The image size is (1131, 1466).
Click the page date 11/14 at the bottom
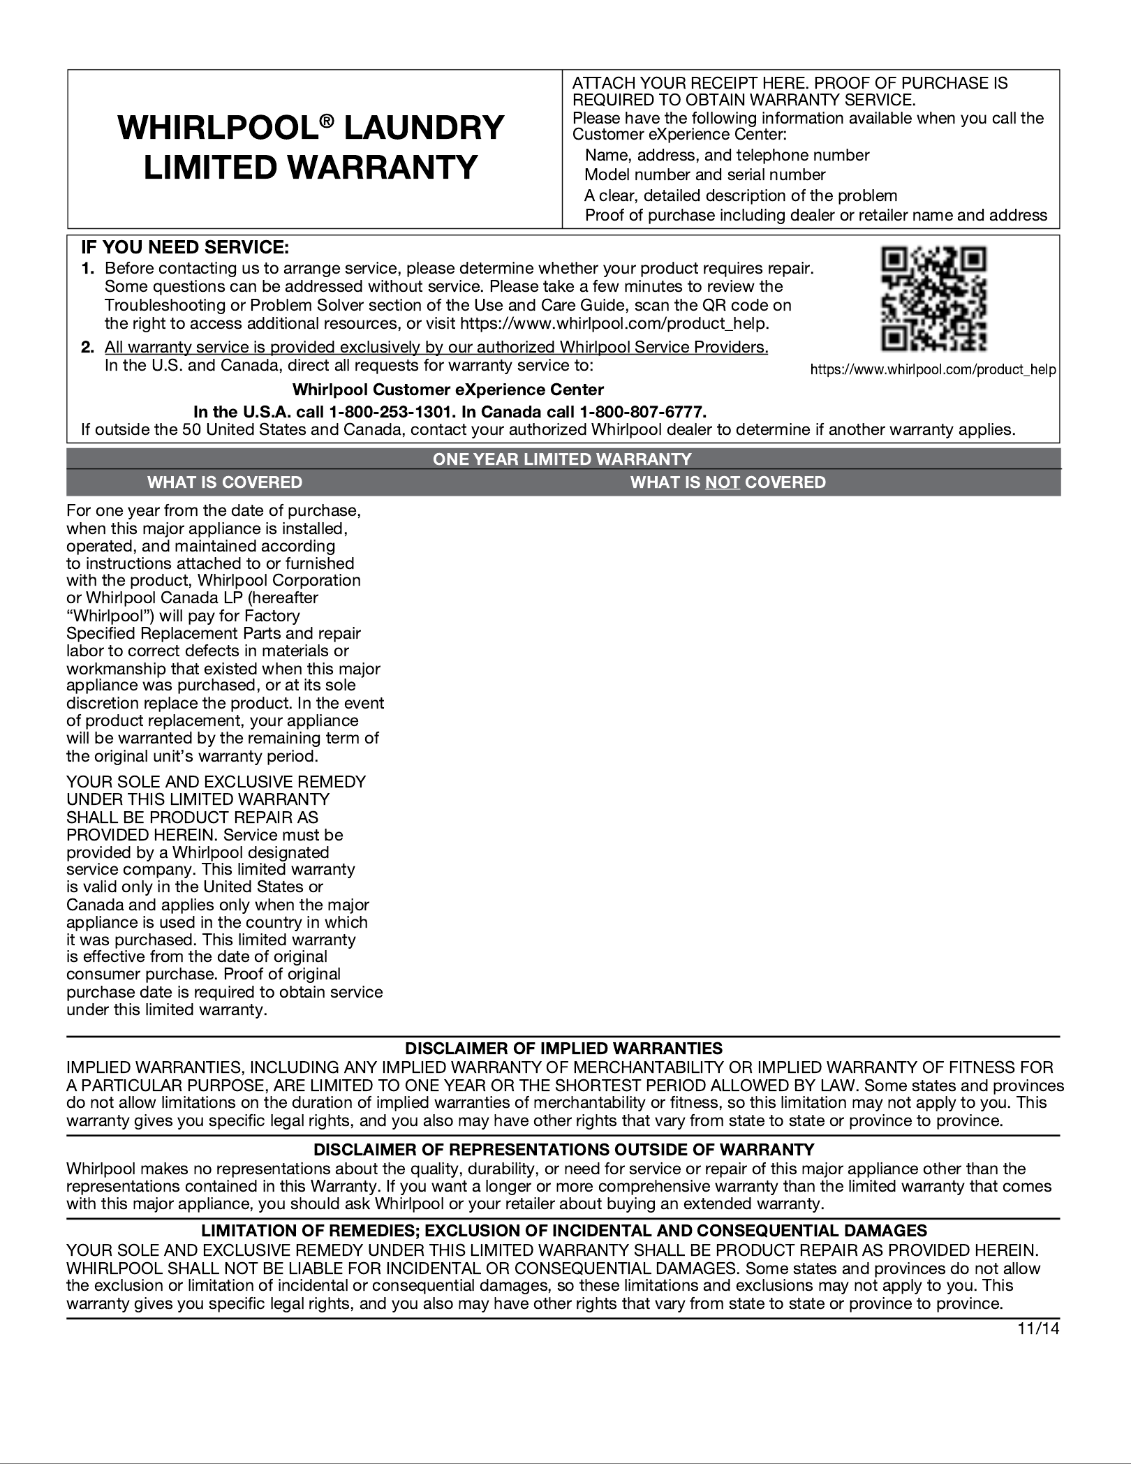pyautogui.click(x=1038, y=1328)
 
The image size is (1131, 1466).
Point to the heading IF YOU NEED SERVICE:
pyautogui.click(x=185, y=248)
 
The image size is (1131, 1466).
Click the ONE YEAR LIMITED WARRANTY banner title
pyautogui.click(x=563, y=459)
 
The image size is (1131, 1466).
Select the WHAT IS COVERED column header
pyautogui.click(x=224, y=482)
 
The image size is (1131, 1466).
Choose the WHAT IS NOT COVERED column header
pyautogui.click(x=727, y=482)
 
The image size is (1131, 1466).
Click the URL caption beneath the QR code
pyautogui.click(x=933, y=370)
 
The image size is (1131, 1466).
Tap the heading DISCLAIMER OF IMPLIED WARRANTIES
pyautogui.click(x=563, y=1049)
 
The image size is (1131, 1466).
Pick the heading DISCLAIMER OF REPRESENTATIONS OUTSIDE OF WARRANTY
pyautogui.click(x=563, y=1150)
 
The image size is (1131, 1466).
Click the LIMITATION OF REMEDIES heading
pyautogui.click(x=563, y=1231)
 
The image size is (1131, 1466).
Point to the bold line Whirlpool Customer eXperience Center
pyautogui.click(x=448, y=389)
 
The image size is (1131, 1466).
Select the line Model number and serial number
pyautogui.click(x=705, y=175)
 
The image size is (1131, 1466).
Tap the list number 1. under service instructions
pyautogui.click(x=87, y=268)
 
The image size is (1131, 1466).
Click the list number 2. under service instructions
pyautogui.click(x=87, y=348)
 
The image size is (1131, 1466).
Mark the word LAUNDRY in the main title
pyautogui.click(x=420, y=128)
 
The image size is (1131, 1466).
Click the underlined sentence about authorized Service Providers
pyautogui.click(x=436, y=348)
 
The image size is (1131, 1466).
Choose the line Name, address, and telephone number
pyautogui.click(x=727, y=155)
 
